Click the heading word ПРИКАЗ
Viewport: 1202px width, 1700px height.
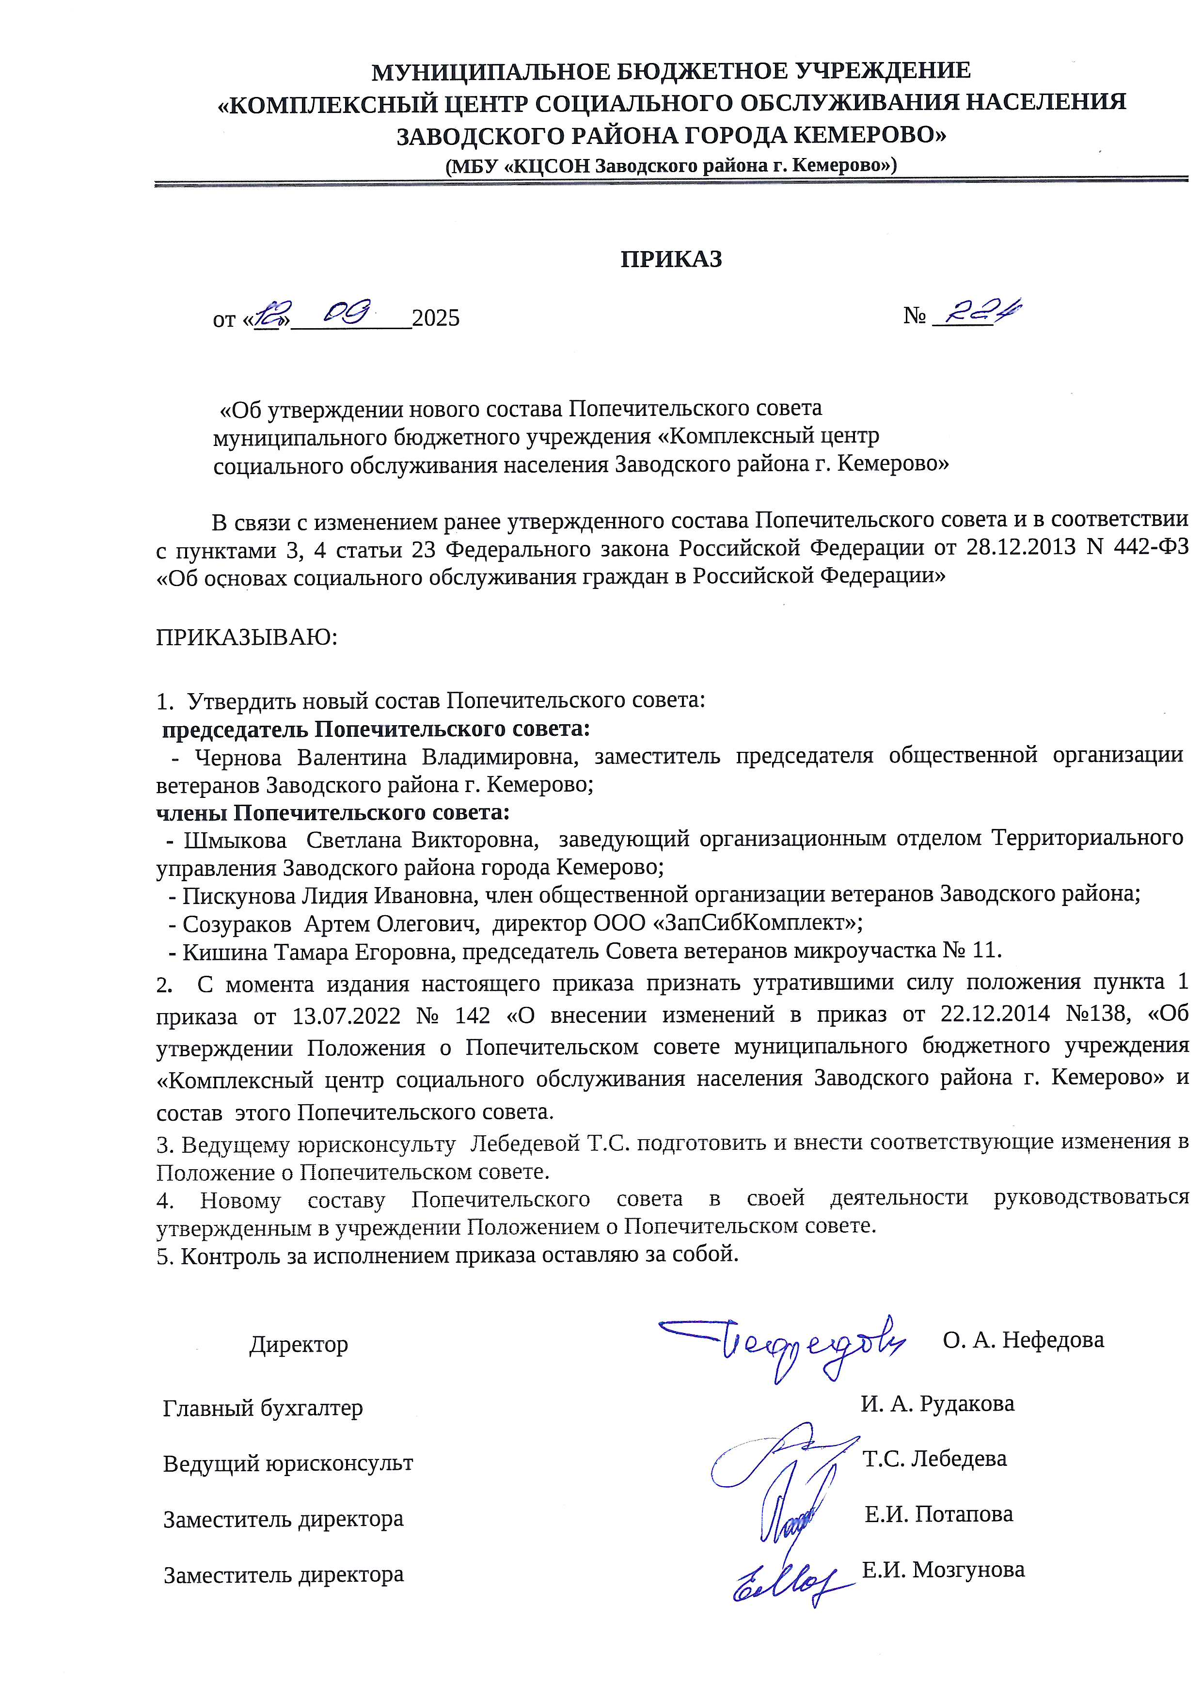point(671,259)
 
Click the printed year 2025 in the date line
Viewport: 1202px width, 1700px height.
point(436,318)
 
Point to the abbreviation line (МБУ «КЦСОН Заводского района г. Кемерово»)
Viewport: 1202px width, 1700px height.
point(671,165)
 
